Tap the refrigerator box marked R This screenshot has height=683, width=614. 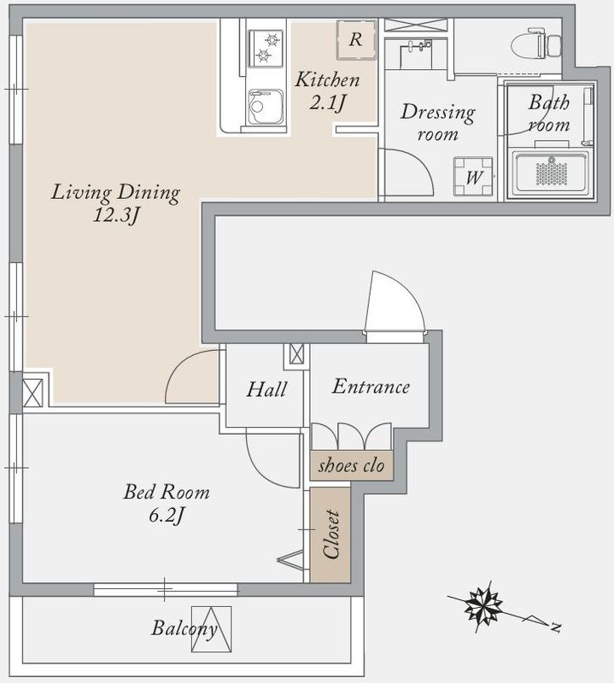pos(356,39)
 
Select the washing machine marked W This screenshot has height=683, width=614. pos(473,177)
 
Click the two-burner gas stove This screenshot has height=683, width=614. pos(266,48)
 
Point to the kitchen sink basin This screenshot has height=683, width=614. pos(266,108)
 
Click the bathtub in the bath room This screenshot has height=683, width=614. pos(551,172)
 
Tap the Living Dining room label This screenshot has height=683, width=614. pos(115,193)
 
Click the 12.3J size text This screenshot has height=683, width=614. pos(115,215)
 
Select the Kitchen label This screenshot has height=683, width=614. pos(328,79)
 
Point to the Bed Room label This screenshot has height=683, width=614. pos(167,493)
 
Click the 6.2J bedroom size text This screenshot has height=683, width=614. pos(167,516)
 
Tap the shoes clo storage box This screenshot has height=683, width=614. pos(352,465)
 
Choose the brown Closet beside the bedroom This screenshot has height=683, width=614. pos(330,535)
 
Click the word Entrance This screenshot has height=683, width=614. pos(371,387)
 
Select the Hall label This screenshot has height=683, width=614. pos(266,389)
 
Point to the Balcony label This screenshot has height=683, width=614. pos(184,628)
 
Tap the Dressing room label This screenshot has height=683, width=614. pos(437,122)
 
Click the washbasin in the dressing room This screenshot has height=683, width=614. pos(416,55)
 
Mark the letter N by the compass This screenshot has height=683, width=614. pos(555,628)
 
